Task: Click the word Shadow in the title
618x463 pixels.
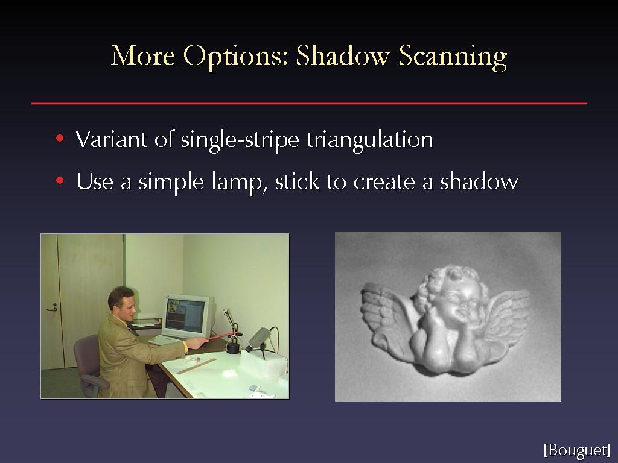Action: click(x=343, y=55)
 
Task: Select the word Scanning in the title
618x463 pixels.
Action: click(x=453, y=57)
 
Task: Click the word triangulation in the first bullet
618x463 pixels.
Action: click(x=370, y=139)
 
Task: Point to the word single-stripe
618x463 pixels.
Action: click(x=240, y=140)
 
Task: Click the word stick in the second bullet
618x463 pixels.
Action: click(x=297, y=181)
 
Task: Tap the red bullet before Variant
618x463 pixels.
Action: click(x=60, y=138)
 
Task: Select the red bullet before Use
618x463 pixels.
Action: click(x=60, y=181)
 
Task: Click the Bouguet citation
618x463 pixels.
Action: click(x=576, y=450)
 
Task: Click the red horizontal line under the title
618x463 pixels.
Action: click(x=309, y=103)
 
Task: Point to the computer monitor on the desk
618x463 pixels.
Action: click(x=188, y=316)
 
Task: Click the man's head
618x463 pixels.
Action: click(x=122, y=304)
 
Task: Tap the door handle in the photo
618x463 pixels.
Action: click(x=52, y=308)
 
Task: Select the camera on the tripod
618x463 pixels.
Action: click(x=259, y=339)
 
